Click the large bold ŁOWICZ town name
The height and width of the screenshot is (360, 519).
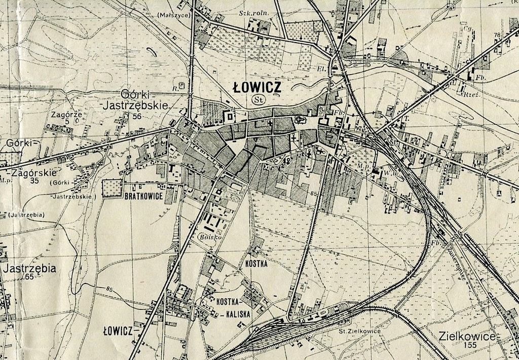pyautogui.click(x=257, y=87)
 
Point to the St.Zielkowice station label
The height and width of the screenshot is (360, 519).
pyautogui.click(x=359, y=331)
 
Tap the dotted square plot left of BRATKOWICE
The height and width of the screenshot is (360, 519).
pyautogui.click(x=113, y=189)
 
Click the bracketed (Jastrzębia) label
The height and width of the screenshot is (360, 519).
pyautogui.click(x=24, y=214)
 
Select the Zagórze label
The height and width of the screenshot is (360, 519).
pyautogui.click(x=66, y=115)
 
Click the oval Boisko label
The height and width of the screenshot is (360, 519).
pyautogui.click(x=208, y=236)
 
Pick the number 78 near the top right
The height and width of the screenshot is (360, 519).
pyautogui.click(x=496, y=34)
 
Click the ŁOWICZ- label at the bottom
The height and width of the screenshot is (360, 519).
pyautogui.click(x=120, y=332)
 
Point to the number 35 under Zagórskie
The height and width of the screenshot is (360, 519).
pyautogui.click(x=35, y=180)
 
